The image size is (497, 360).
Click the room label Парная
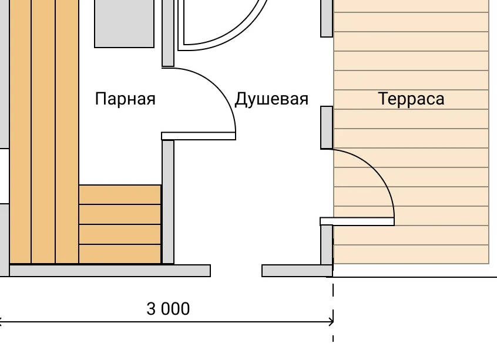point(125,99)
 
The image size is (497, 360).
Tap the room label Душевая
point(271,99)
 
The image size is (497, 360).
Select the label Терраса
point(411,99)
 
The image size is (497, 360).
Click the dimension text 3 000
point(168,309)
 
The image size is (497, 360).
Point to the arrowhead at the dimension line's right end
point(331,322)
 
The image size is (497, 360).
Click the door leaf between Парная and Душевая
point(199,136)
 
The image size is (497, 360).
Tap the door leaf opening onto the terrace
point(357,221)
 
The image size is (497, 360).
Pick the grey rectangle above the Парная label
point(125,23)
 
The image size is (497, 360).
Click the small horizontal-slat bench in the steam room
point(120,224)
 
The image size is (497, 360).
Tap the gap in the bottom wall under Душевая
point(236,271)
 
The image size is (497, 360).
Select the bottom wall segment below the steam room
point(110,271)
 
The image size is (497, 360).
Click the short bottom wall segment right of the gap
point(297,271)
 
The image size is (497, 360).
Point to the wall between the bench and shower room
point(168,202)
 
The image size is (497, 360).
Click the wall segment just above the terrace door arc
point(327,127)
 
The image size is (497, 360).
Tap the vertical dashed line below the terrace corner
point(333,309)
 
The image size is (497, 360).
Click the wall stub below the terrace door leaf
point(327,245)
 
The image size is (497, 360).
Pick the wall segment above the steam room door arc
point(168,33)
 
